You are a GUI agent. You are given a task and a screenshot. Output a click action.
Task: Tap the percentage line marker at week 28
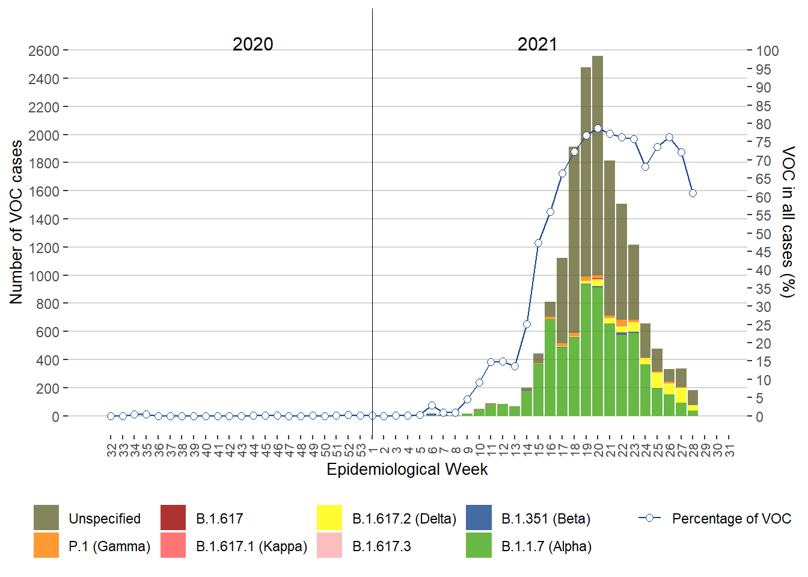coord(693,193)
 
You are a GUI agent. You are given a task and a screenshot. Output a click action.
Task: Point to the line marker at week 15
coord(538,243)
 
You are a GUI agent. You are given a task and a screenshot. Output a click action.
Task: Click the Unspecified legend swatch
coord(46,518)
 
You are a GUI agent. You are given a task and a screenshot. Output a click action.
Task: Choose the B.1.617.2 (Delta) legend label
coord(404,519)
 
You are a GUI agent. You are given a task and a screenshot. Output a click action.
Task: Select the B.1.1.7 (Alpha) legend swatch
coord(479,546)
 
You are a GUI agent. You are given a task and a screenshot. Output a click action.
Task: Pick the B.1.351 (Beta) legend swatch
coord(479,518)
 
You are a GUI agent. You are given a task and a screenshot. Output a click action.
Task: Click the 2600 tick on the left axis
coord(43,50)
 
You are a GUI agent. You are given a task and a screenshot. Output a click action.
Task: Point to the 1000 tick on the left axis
coord(43,276)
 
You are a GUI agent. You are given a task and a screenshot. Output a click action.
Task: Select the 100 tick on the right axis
coord(767,51)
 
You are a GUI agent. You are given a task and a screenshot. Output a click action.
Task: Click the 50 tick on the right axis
coord(764,234)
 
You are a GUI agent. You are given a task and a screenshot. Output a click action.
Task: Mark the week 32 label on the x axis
coord(111,450)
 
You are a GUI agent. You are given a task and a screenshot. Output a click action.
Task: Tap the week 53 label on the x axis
coord(361,450)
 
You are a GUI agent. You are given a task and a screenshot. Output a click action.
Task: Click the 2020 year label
coord(252,44)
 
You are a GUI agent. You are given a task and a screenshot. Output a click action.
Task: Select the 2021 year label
coord(537,44)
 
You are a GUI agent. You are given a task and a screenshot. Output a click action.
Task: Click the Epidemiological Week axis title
coord(407,469)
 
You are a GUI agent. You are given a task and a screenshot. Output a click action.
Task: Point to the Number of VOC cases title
coord(16,222)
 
